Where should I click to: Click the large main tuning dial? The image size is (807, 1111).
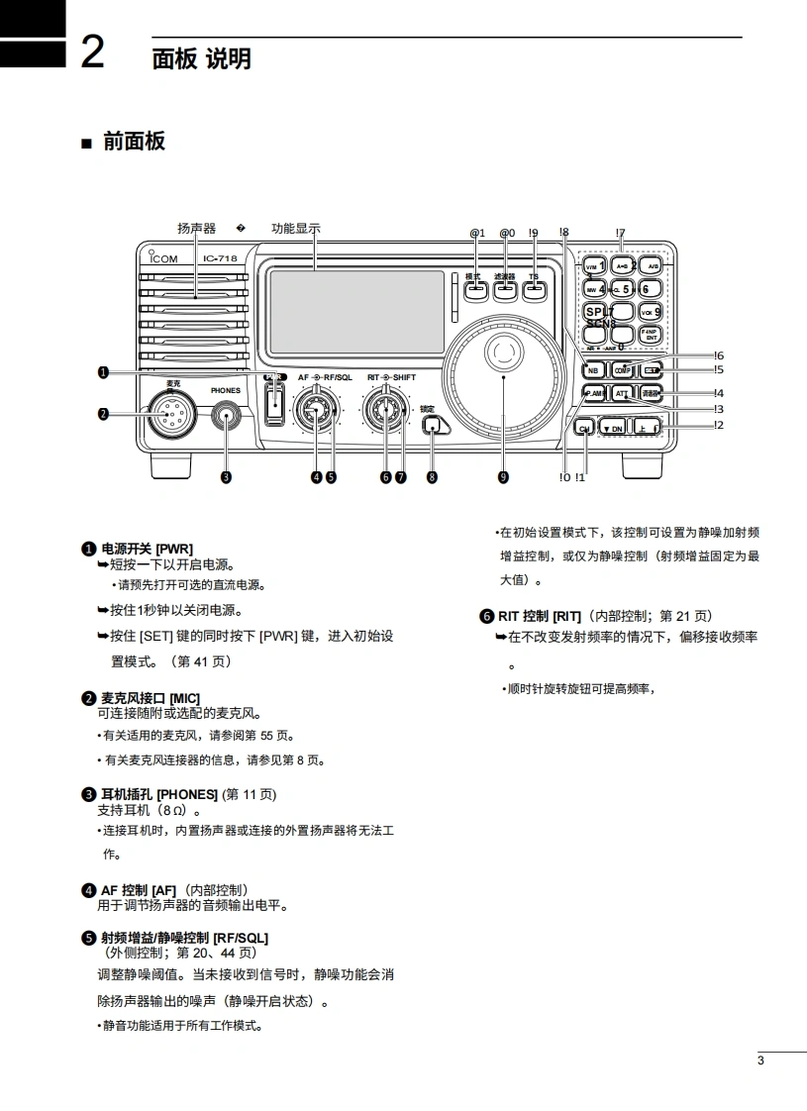(503, 376)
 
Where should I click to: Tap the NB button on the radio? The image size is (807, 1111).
(593, 369)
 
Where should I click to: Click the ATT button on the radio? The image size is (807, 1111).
(622, 393)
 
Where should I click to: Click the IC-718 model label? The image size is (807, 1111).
(220, 259)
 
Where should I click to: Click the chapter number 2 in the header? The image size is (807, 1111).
(91, 52)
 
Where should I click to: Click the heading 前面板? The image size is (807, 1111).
(134, 142)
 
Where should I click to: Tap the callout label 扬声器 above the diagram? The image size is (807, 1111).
(196, 229)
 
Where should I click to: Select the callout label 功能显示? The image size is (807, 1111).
(296, 229)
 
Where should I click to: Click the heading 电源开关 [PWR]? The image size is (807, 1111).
(147, 549)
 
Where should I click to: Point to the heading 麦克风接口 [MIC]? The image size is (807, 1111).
(150, 699)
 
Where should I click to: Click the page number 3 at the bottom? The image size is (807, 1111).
(760, 1061)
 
